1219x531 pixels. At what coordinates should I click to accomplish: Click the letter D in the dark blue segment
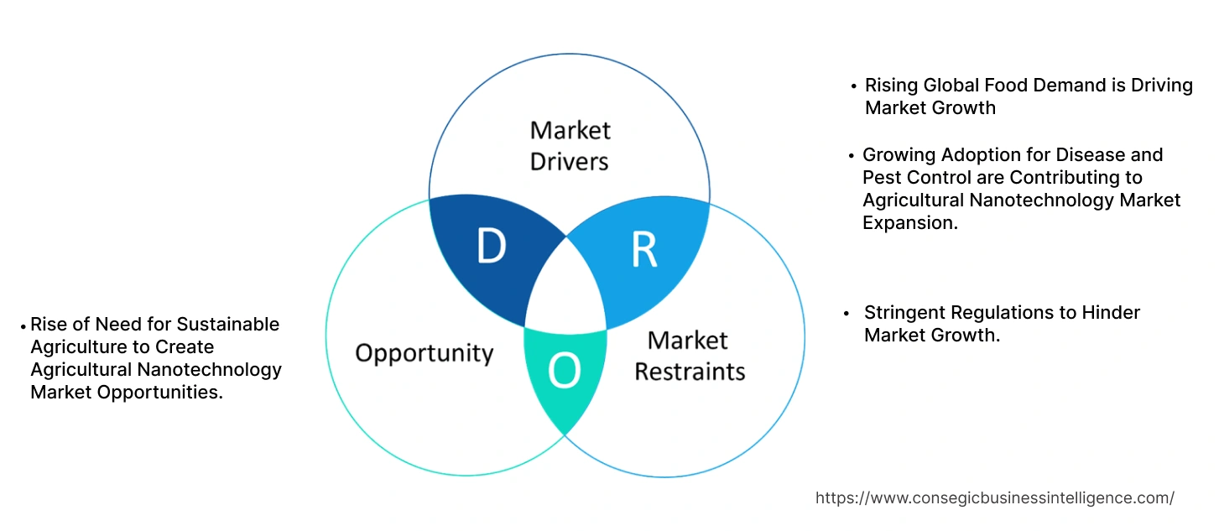491,247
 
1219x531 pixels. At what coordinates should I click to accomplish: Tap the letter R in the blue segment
643,249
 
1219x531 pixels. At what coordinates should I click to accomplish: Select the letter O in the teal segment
564,372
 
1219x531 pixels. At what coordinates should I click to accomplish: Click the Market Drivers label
570,145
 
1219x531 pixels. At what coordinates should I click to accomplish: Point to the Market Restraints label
689,356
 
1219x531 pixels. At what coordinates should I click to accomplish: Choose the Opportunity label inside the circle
424,353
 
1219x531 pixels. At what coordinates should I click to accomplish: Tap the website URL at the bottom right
994,497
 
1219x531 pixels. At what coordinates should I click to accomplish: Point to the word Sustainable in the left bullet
228,325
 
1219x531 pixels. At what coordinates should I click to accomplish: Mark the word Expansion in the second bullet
909,223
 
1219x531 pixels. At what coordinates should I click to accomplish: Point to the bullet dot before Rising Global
853,86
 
